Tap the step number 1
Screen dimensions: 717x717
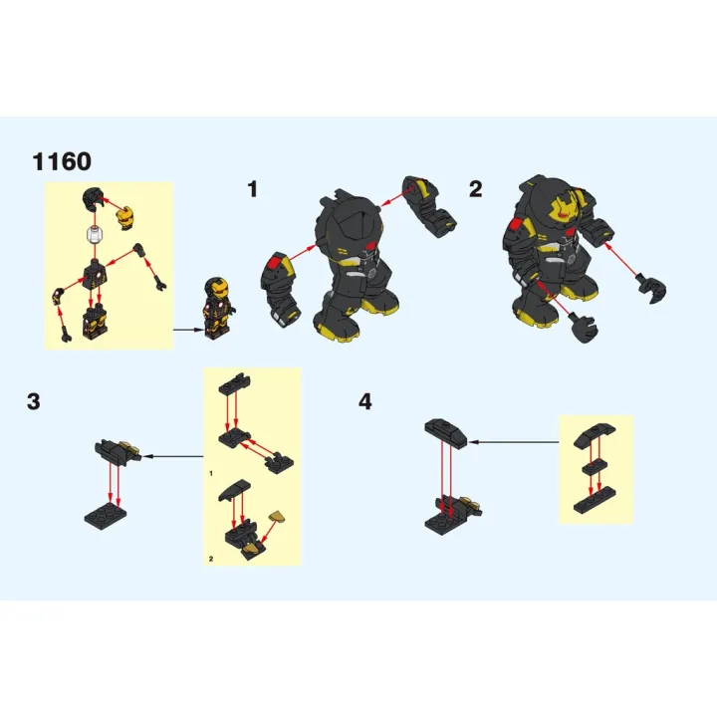(x=253, y=188)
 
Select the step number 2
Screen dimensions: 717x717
(x=476, y=188)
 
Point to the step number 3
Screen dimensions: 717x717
(x=35, y=401)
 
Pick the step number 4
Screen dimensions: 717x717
(x=365, y=401)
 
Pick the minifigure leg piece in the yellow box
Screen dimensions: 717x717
(x=96, y=321)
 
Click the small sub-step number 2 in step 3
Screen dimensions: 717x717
(x=211, y=560)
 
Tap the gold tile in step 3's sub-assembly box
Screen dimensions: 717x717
(x=278, y=516)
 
